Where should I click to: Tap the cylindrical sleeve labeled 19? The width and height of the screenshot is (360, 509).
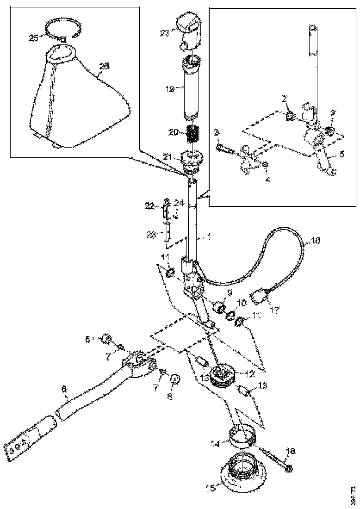click(x=192, y=88)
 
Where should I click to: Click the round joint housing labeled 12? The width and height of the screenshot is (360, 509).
click(x=223, y=375)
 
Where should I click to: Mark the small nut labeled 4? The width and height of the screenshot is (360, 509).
click(x=265, y=165)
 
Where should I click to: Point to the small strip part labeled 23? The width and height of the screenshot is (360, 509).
click(x=167, y=232)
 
